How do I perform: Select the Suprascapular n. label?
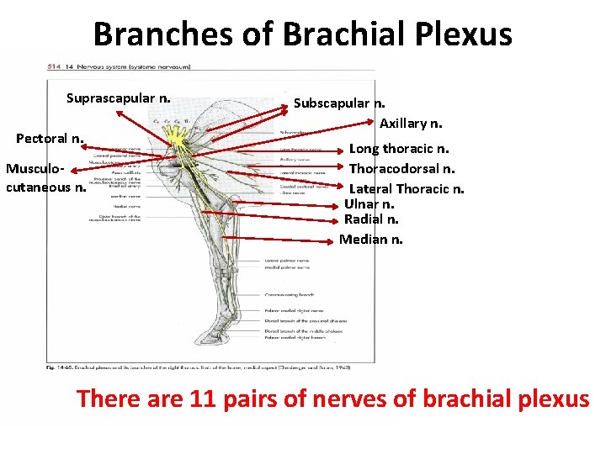(x=119, y=99)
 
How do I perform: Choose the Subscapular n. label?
(x=339, y=103)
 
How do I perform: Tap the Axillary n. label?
(x=411, y=124)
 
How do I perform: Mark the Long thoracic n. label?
(x=398, y=149)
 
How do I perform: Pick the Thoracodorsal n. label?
(x=402, y=168)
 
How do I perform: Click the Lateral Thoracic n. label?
(x=407, y=188)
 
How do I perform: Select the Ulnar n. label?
(x=369, y=204)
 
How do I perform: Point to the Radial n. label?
(x=371, y=219)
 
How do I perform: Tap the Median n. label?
(x=370, y=240)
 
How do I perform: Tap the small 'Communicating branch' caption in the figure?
(x=290, y=294)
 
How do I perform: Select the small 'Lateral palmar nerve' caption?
(x=286, y=261)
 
